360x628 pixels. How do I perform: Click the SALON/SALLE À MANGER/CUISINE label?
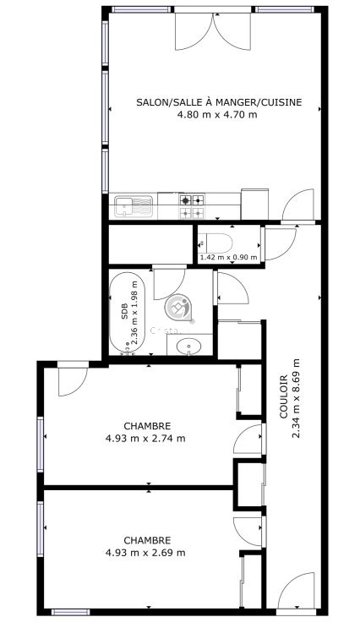(x=219, y=102)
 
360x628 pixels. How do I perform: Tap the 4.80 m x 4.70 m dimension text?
(x=217, y=115)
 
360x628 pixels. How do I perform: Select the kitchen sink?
(x=134, y=206)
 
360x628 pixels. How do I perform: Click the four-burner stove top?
(x=192, y=206)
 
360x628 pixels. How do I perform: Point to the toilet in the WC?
(x=215, y=243)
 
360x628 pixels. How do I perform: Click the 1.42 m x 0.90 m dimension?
(x=228, y=257)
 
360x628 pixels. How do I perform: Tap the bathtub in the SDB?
(x=126, y=313)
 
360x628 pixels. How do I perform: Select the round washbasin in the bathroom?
(x=189, y=346)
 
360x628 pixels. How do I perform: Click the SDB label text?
(x=124, y=311)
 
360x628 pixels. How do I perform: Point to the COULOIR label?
(x=283, y=396)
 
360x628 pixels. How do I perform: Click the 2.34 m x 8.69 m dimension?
(x=296, y=397)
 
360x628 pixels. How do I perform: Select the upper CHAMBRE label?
(x=147, y=426)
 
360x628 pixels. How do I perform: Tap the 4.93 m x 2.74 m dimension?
(x=145, y=438)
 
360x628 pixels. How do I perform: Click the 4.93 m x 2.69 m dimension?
(x=145, y=553)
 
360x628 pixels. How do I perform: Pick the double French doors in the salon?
(x=213, y=30)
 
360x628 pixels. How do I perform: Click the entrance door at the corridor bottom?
(x=296, y=592)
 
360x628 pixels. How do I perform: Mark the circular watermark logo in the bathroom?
(x=178, y=308)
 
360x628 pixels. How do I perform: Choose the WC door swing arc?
(x=280, y=243)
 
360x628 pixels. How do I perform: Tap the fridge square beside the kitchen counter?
(x=254, y=205)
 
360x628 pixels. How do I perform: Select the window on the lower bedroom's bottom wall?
(x=70, y=612)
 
